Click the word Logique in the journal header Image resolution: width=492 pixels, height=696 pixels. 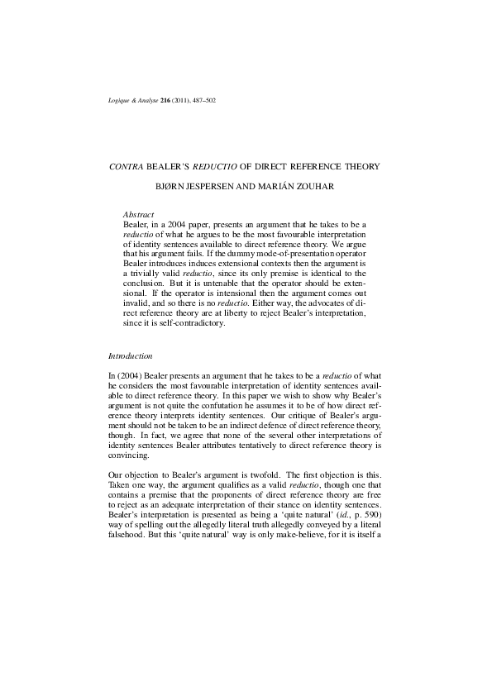point(121,101)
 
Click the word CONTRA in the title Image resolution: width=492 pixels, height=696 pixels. point(126,166)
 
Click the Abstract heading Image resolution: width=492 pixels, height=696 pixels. point(138,214)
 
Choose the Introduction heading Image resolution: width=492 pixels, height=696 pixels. point(130,355)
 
